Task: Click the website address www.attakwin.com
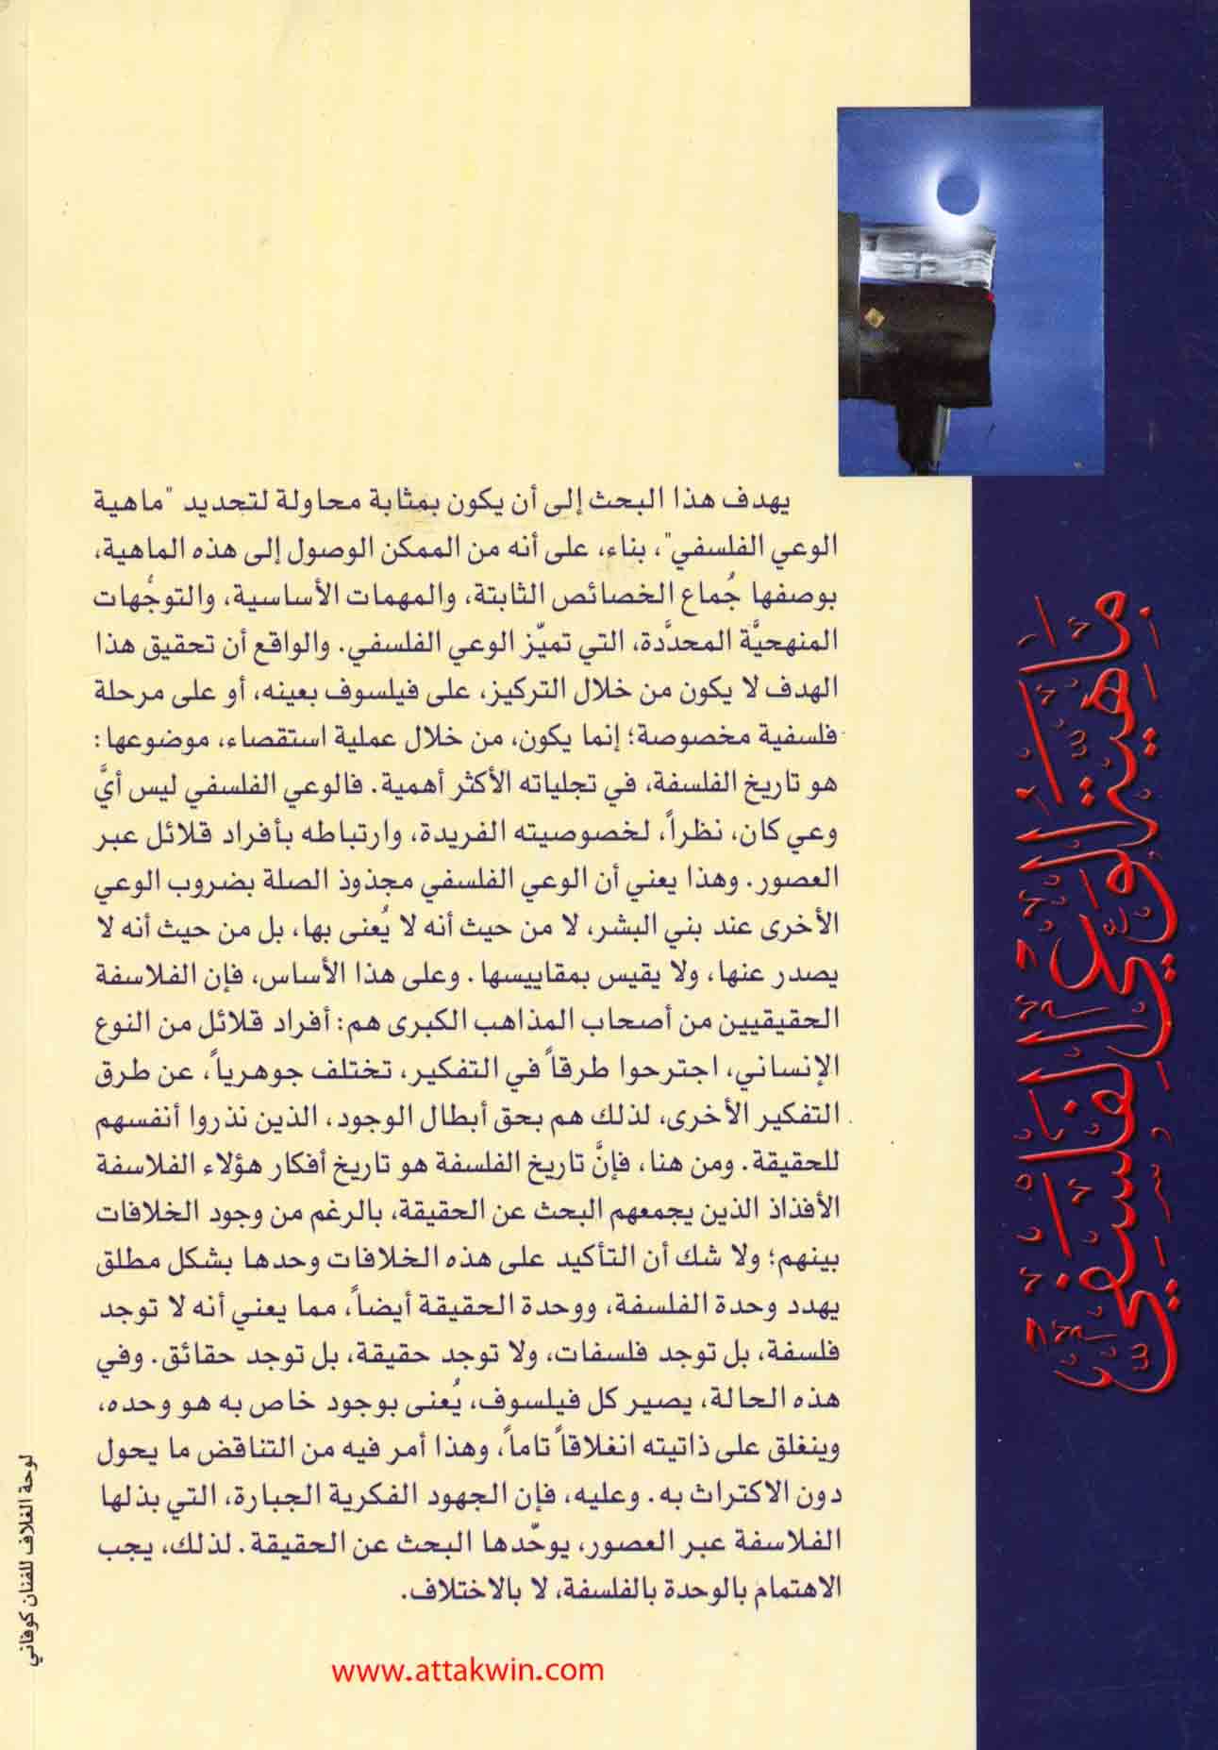[x=468, y=1670]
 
